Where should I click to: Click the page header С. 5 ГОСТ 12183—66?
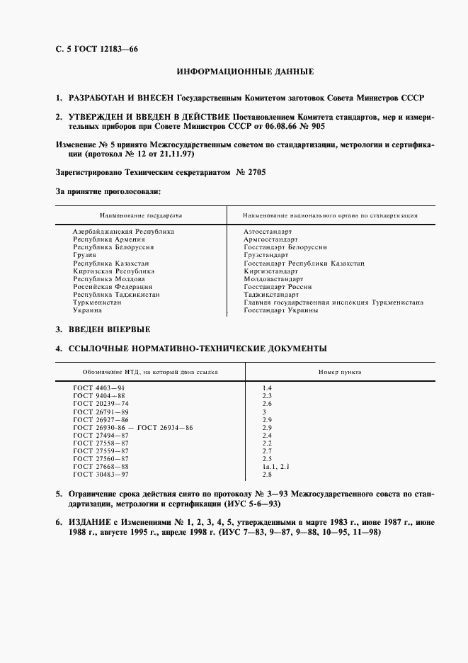91,49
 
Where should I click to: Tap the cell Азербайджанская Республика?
123,232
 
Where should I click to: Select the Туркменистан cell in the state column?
97,302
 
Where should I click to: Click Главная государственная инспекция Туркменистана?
333,302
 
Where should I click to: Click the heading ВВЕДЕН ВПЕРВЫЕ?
109,330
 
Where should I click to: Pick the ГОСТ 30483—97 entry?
101,475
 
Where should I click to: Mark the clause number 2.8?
267,475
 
